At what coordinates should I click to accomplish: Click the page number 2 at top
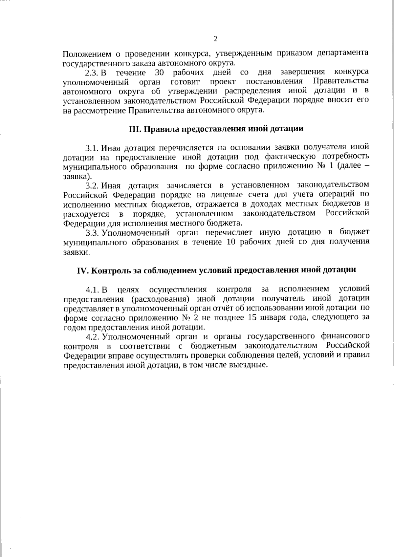[x=215, y=39]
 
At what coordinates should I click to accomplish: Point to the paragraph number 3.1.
[x=92, y=147]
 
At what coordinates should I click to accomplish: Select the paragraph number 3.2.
[x=92, y=185]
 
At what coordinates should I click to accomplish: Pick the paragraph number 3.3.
[x=92, y=233]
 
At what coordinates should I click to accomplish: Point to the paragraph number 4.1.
[x=92, y=289]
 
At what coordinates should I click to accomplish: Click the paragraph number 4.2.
[x=92, y=337]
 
